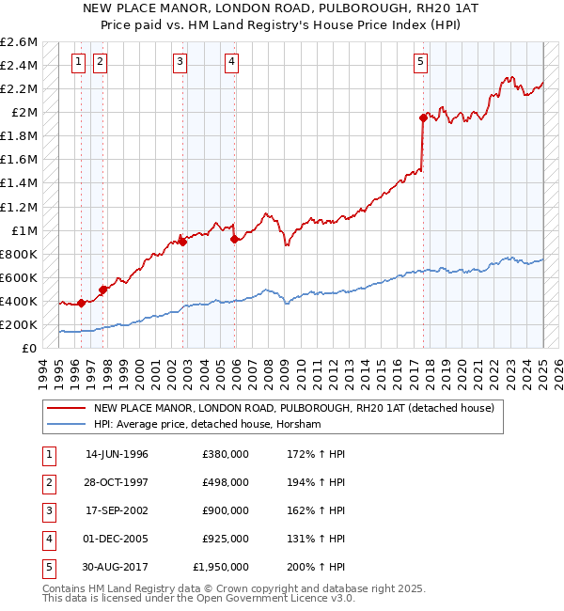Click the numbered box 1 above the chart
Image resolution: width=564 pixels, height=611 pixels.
click(x=77, y=63)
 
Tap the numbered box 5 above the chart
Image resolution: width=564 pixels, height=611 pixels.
click(x=420, y=63)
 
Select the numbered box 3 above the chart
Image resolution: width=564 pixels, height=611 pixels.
click(x=180, y=63)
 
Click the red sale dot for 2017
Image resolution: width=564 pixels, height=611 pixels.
click(x=423, y=117)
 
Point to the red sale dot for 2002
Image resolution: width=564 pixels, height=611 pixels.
click(x=183, y=242)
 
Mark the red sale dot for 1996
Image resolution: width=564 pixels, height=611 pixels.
click(x=82, y=303)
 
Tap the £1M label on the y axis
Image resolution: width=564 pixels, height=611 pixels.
click(x=23, y=230)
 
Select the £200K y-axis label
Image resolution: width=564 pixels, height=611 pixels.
click(x=19, y=324)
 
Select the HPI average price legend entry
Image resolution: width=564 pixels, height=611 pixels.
click(x=207, y=425)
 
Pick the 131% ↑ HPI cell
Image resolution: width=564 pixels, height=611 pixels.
click(x=313, y=539)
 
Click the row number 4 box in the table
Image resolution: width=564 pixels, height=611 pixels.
click(x=48, y=539)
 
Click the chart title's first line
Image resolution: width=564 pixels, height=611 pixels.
click(x=282, y=8)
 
